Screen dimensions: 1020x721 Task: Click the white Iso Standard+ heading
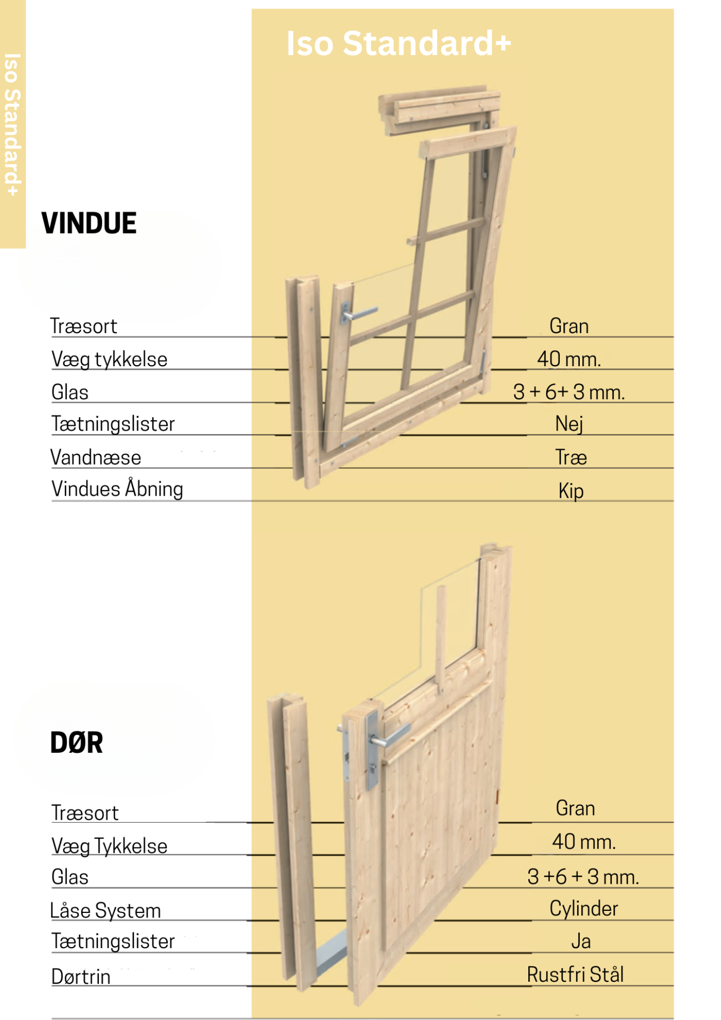398,44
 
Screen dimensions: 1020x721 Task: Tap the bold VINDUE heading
89,223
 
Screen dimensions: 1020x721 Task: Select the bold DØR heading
76,743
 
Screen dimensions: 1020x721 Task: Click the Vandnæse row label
96,457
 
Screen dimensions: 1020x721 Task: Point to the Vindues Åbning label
117,489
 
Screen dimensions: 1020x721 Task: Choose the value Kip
571,491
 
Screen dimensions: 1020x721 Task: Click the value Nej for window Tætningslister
569,424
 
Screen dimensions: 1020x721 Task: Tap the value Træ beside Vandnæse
571,457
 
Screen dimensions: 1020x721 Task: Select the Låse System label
106,911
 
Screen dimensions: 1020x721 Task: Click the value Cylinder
583,909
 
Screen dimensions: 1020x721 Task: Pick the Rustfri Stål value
575,975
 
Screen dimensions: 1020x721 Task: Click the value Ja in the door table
581,941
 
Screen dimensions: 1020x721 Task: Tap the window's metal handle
359,313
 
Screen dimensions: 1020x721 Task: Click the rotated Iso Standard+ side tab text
12,124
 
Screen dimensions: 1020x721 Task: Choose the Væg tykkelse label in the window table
110,360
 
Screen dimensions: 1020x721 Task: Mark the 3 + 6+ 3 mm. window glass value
569,392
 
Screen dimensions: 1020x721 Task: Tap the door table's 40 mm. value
584,842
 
